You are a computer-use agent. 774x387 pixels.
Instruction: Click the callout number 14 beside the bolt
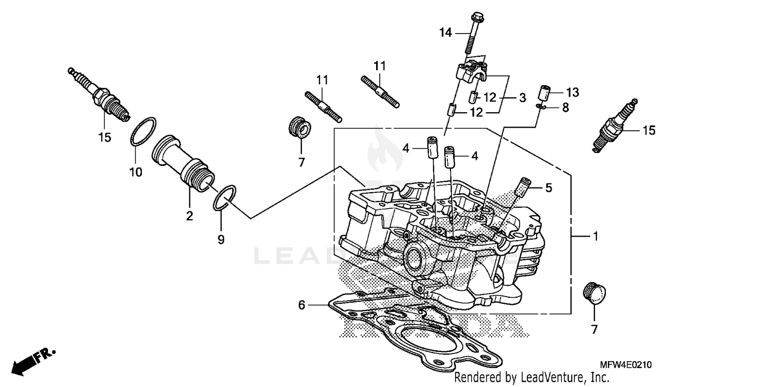tap(445, 33)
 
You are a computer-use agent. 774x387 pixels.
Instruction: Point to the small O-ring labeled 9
tap(224, 198)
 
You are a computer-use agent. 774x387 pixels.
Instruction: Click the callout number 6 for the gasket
tap(302, 305)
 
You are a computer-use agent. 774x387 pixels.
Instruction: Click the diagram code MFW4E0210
tap(625, 365)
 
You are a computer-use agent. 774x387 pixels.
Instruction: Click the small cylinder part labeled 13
tap(544, 94)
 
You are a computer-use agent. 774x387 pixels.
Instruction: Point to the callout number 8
tap(566, 107)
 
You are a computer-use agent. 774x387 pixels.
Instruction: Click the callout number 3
tap(522, 97)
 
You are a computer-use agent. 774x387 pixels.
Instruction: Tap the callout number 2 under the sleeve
tap(189, 216)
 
